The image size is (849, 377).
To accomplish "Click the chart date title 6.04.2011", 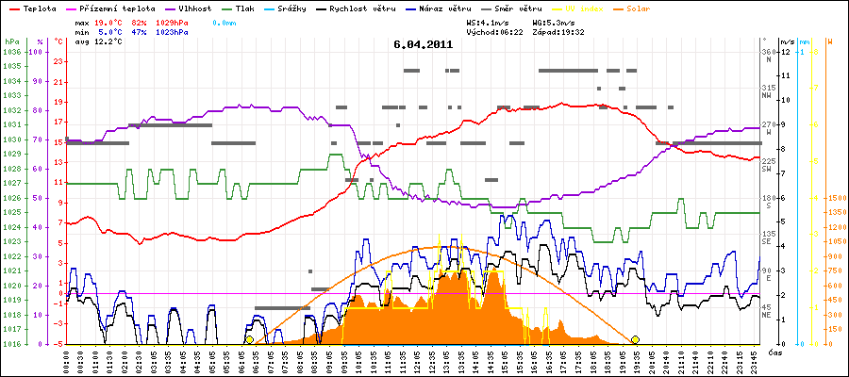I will (x=424, y=44).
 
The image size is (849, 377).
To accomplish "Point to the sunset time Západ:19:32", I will (x=558, y=32).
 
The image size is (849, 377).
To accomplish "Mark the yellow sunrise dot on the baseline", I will (x=249, y=339).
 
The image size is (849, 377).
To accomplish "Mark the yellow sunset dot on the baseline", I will (x=635, y=339).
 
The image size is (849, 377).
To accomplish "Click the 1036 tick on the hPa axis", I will (x=11, y=52).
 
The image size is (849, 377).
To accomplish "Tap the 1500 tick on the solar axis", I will (x=836, y=198).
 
